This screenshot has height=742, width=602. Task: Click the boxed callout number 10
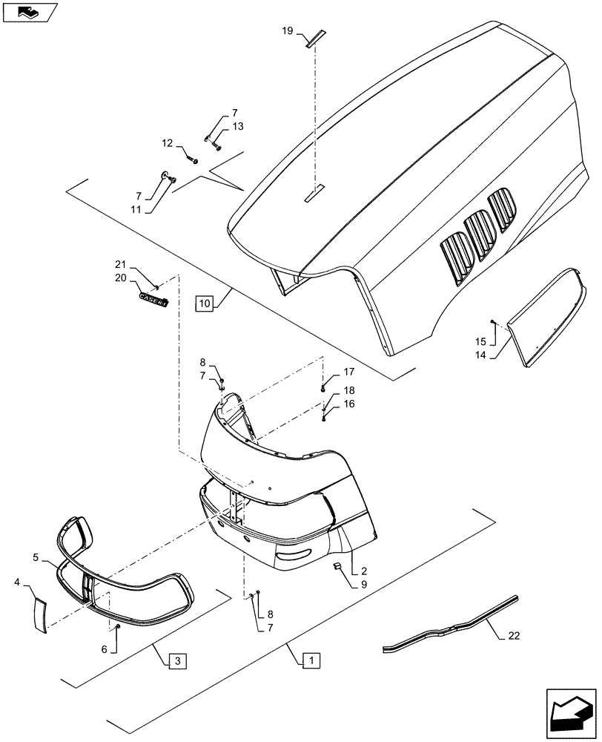[x=205, y=303]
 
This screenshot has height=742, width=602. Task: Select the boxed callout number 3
[x=173, y=660]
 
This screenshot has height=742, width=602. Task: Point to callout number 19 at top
[x=288, y=31]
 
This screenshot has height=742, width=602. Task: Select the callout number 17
[x=348, y=371]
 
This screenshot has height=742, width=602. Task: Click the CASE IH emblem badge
[x=153, y=300]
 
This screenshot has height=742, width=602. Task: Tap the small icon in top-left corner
[x=28, y=12]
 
